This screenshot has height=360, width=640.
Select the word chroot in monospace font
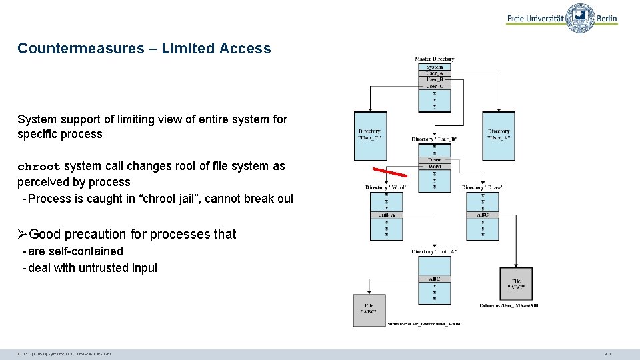click(39, 167)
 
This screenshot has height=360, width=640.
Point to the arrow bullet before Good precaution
click(23, 234)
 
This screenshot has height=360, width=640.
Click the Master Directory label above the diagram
click(434, 59)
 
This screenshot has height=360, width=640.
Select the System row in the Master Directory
click(434, 67)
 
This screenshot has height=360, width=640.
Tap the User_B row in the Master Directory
click(434, 79)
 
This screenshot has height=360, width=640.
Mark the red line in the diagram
click(389, 171)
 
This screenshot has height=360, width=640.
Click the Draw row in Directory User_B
click(434, 160)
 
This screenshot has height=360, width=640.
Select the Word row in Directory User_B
click(434, 166)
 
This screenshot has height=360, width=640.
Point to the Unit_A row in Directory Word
click(386, 215)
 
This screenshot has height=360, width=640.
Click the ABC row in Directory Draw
click(482, 215)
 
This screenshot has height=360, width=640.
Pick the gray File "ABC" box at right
click(516, 284)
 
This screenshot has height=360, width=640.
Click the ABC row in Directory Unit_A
click(434, 279)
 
